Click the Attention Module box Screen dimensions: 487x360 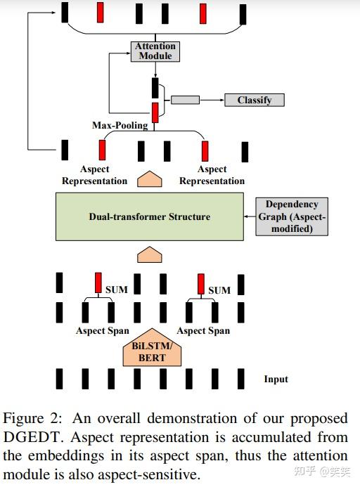[155, 51]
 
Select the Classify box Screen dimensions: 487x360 [254, 100]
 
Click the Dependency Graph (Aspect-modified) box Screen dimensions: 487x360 [292, 216]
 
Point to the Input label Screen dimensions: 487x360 [276, 379]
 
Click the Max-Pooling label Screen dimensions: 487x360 [120, 125]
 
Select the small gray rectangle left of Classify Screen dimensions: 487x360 [185, 100]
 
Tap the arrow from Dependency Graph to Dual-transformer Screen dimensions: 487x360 [249, 216]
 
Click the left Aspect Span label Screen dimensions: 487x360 [103, 330]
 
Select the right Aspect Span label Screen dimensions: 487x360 [203, 330]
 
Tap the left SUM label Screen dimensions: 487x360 [116, 290]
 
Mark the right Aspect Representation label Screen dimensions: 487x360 [212, 175]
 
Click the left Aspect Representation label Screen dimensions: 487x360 [94, 175]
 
